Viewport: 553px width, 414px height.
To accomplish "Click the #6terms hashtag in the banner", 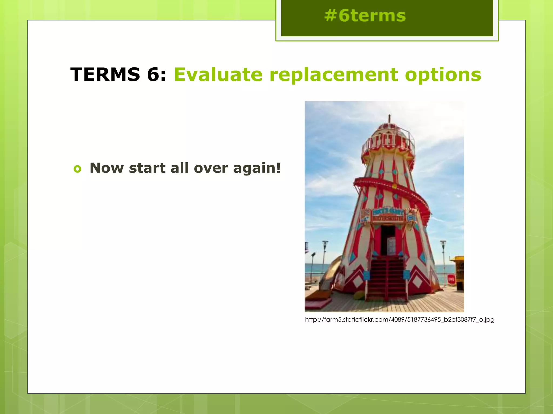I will point(365,16).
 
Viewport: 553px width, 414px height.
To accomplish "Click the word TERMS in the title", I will point(105,74).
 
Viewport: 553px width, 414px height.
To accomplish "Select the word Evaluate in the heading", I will point(218,74).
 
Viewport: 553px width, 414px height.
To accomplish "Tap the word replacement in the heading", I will point(333,74).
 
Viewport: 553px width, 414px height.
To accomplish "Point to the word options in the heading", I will point(443,75).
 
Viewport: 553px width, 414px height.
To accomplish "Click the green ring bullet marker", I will point(77,169).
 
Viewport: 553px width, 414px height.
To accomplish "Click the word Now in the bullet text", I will point(106,168).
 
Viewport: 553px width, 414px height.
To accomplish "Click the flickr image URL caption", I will point(399,320).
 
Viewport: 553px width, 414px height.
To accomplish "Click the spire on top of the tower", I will point(389,119).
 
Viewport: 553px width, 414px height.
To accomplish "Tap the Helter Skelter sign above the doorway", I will point(388,215).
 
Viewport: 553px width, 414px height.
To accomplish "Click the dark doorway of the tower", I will point(388,240).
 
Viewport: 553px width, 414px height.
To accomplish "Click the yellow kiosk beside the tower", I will point(458,272).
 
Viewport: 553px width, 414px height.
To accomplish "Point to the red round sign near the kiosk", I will point(451,279).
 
